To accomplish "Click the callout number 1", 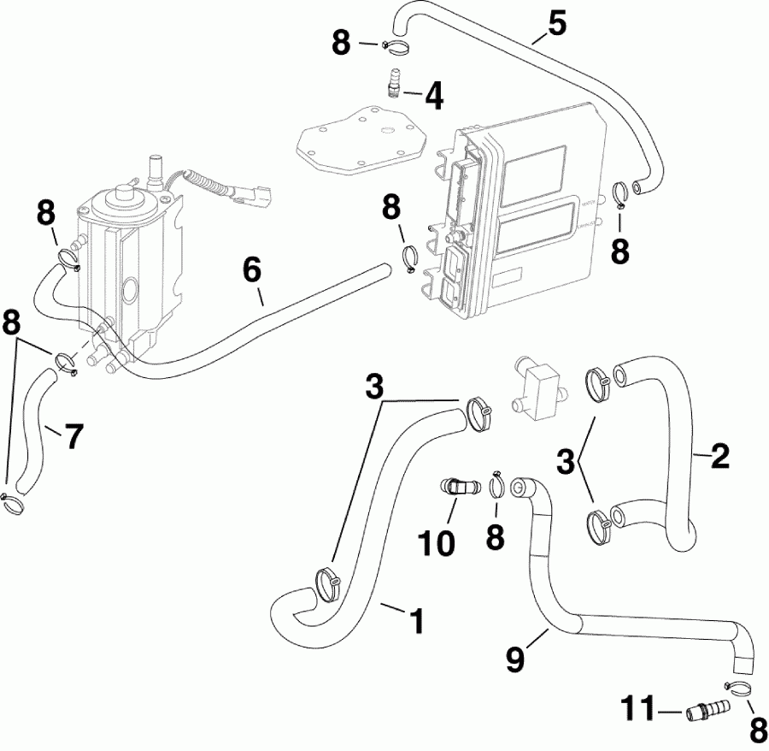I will pyautogui.click(x=416, y=620).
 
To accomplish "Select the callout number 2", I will pyautogui.click(x=719, y=457).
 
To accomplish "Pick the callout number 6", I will pyautogui.click(x=251, y=270).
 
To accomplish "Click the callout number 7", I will pyautogui.click(x=73, y=436).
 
